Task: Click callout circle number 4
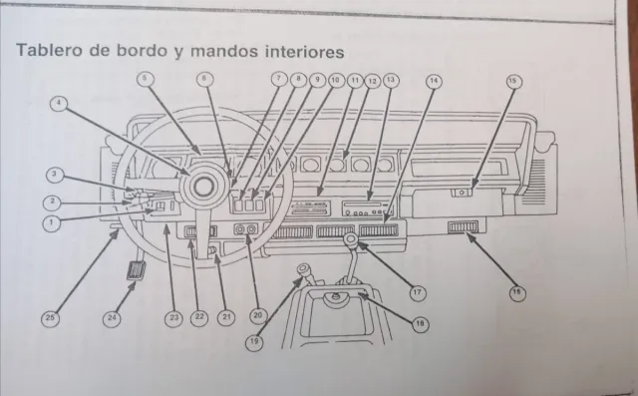click(x=62, y=103)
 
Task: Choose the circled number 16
click(x=516, y=292)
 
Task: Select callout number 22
click(x=199, y=317)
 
